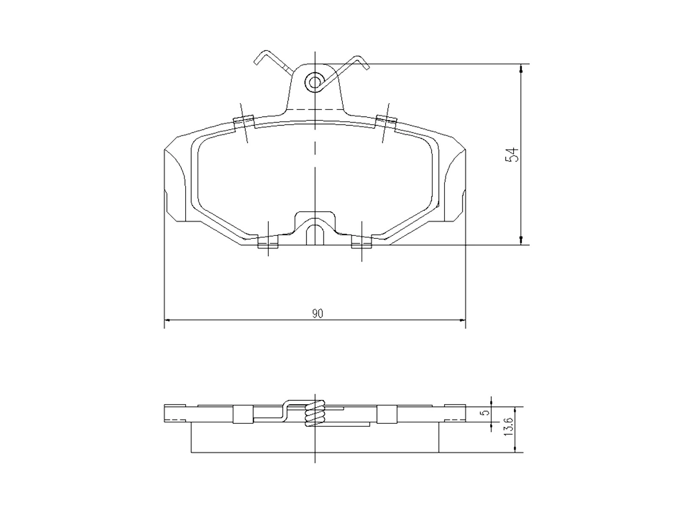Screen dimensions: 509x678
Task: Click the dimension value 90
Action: point(318,314)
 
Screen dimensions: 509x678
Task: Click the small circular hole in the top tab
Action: point(314,81)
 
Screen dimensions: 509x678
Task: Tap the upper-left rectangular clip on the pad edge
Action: point(244,122)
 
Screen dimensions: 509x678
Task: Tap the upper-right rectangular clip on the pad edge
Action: point(386,121)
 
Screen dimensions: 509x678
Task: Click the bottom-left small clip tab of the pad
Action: point(268,243)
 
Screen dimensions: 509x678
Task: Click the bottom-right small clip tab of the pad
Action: point(361,243)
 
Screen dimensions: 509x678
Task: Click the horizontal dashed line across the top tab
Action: point(315,109)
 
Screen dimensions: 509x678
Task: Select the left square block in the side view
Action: point(243,414)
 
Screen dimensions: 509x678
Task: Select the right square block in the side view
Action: point(386,414)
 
